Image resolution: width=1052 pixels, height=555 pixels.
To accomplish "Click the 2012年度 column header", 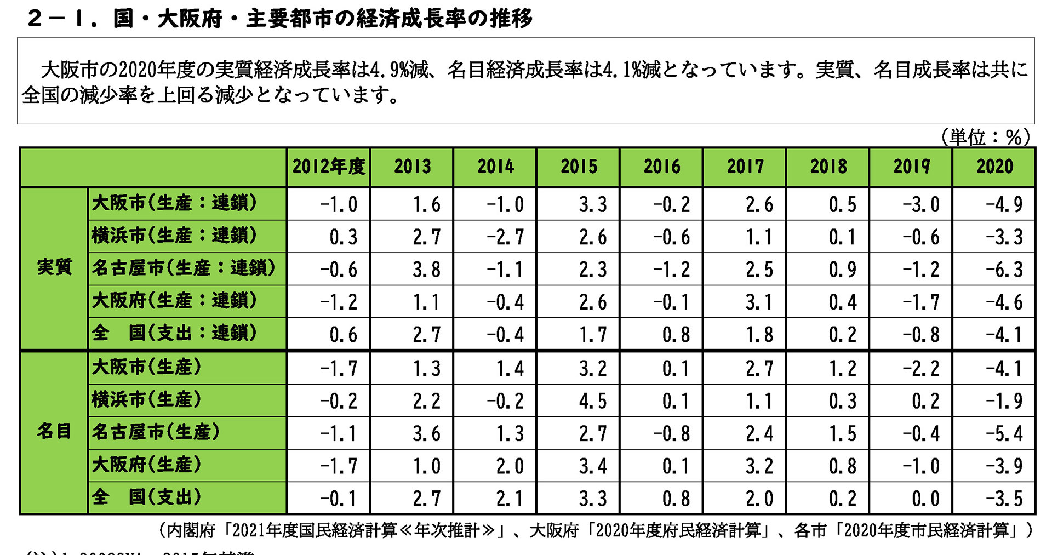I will point(328,167).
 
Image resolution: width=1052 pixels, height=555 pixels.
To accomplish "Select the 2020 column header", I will point(994,167).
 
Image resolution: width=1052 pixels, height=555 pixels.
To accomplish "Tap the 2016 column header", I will point(661,167).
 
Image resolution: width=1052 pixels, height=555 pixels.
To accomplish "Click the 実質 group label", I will point(54,267).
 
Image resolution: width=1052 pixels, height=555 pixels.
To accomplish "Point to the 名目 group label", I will point(54,431).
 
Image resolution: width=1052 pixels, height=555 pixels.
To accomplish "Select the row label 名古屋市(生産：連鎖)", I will point(183,268).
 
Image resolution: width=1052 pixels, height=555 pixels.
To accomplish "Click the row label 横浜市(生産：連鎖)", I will point(174,236).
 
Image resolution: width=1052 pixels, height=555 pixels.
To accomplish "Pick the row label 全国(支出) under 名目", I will point(146,497).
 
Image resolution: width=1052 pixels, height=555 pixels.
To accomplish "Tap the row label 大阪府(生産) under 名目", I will point(146,465).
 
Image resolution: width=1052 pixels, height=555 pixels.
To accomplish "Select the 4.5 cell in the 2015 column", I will point(593,401).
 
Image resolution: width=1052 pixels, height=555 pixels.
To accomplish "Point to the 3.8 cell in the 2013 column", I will point(426,270).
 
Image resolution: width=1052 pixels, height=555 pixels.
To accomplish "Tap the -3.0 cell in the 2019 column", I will point(921,205).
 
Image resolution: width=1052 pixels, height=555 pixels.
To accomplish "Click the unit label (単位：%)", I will point(985,137).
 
